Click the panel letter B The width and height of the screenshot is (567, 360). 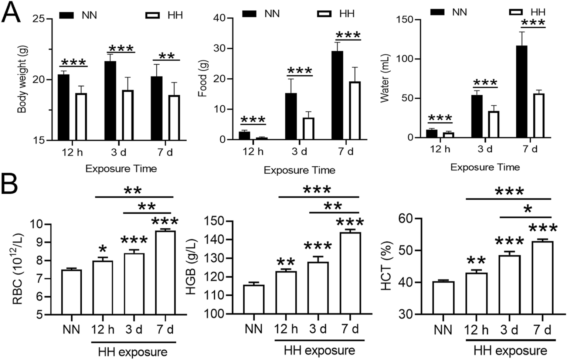[10, 184]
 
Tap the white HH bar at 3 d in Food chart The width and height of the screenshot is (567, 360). [308, 129]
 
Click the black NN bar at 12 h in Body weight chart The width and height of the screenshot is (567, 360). [64, 107]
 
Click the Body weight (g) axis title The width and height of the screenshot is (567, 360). [22, 79]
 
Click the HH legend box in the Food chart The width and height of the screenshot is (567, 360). [325, 14]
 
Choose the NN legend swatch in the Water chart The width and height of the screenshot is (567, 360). [438, 12]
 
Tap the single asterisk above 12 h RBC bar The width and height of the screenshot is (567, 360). [103, 247]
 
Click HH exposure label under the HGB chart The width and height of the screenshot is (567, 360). [319, 350]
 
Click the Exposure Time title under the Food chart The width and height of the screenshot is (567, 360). [299, 170]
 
